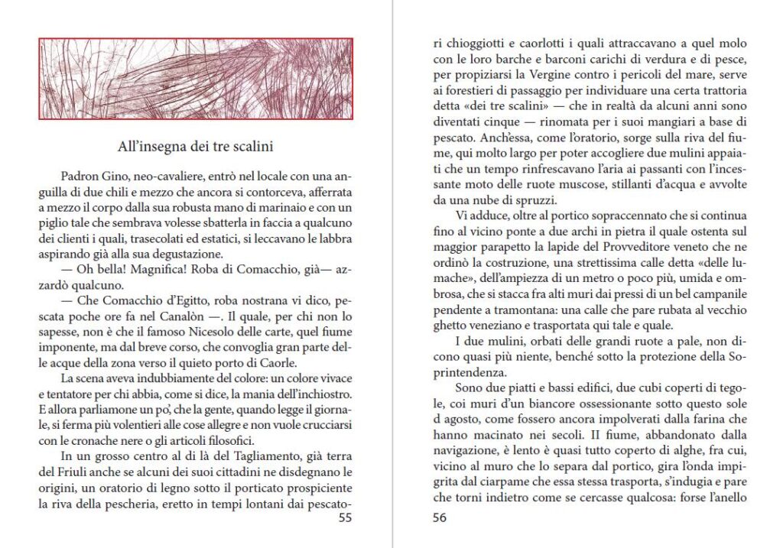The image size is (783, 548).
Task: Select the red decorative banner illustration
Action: (x=195, y=79)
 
